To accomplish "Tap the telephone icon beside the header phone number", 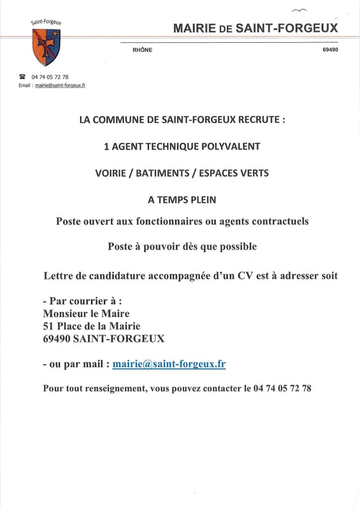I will tap(22, 77).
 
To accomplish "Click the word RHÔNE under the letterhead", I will tap(142, 50).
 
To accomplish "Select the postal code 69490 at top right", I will tap(330, 50).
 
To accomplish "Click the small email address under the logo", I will tap(60, 85).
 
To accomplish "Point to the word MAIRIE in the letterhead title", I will tap(194, 28).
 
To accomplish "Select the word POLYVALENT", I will tap(229, 147).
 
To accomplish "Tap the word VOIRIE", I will tap(111, 173).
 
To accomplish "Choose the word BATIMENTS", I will tap(159, 173).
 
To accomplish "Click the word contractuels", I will tap(279, 221).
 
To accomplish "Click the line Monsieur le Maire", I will tap(86, 314).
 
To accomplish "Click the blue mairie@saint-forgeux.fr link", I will tap(169, 364).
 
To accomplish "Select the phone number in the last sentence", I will tap(282, 389).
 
